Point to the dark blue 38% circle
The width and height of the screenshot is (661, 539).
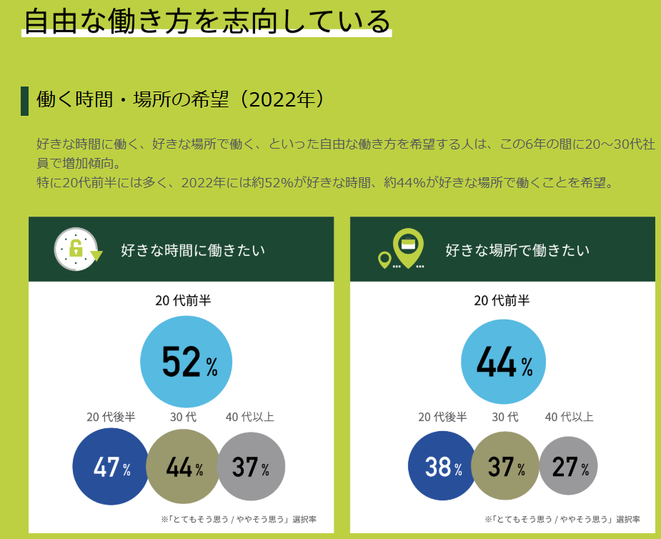pyautogui.click(x=442, y=468)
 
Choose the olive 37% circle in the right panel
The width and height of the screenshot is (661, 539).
pyautogui.click(x=505, y=468)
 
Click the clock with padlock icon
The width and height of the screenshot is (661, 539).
pyautogui.click(x=75, y=249)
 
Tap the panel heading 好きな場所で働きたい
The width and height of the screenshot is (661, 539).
pyautogui.click(x=517, y=250)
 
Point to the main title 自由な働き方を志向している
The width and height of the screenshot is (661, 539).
pyautogui.click(x=207, y=22)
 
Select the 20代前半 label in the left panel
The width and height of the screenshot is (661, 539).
pyautogui.click(x=183, y=301)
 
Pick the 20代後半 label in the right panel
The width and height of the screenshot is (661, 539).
pyautogui.click(x=442, y=417)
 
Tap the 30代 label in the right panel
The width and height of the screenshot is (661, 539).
pyautogui.click(x=505, y=417)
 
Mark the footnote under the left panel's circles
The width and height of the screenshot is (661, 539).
pyautogui.click(x=239, y=519)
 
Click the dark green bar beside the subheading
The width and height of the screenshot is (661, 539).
pyautogui.click(x=24, y=101)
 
